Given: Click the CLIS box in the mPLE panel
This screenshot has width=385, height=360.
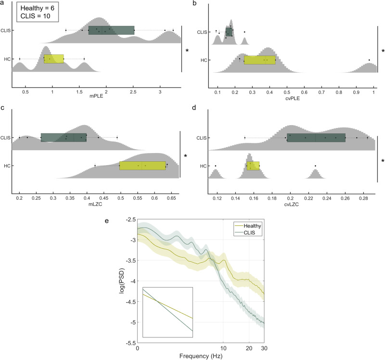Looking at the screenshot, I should pyautogui.click(x=111, y=30).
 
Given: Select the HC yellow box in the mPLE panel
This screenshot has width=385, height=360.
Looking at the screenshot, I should pyautogui.click(x=54, y=59).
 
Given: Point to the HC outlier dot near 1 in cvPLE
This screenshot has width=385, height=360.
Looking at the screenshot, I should pyautogui.click(x=369, y=60).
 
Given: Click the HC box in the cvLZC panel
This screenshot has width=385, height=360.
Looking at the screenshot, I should pyautogui.click(x=253, y=166).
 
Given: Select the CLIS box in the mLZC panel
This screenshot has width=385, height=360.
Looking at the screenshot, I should pyautogui.click(x=64, y=137).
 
